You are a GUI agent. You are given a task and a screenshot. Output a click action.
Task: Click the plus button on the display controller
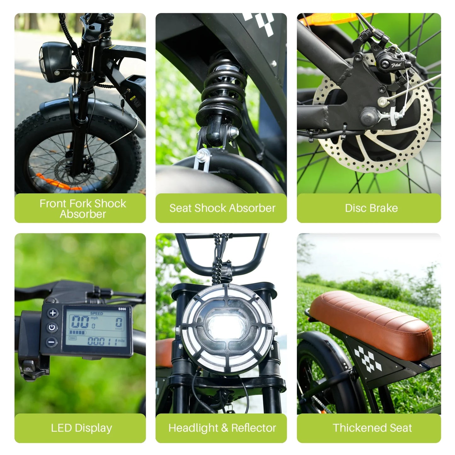pos(53,313)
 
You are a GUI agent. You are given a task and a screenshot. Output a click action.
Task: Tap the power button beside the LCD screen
pos(52,327)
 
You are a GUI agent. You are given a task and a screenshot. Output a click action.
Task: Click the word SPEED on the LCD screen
pos(96,314)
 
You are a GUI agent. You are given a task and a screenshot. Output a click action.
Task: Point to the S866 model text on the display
pos(122,309)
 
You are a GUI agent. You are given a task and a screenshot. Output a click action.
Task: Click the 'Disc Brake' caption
pos(371,208)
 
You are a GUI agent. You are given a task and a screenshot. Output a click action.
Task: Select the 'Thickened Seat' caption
pos(372,428)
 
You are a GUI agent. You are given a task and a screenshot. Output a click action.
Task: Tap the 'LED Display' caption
pos(81,428)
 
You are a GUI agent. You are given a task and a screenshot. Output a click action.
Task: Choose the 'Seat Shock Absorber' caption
pos(222,208)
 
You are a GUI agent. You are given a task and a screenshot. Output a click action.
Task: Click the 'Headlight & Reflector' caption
pos(222,428)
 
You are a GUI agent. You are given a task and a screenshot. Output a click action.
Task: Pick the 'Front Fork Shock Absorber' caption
pos(82,208)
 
